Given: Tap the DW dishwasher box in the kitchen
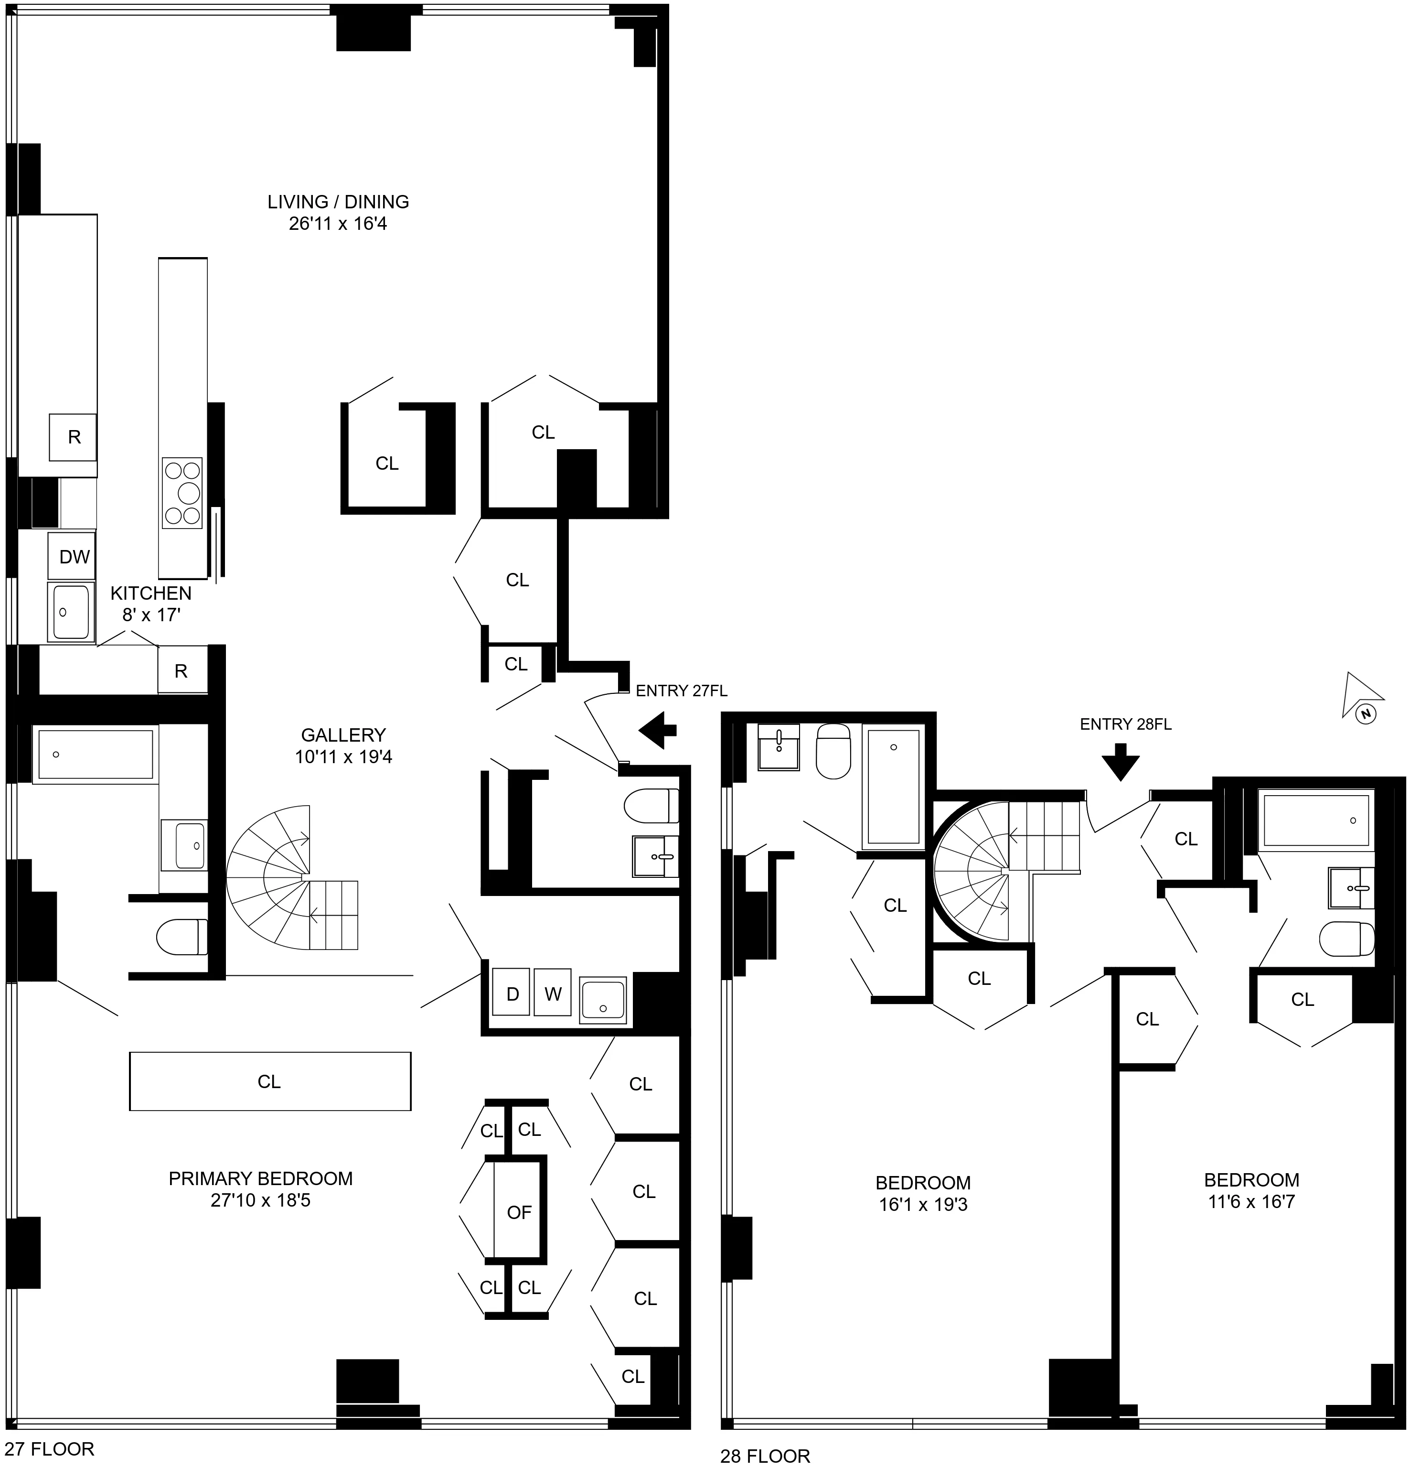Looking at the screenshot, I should tap(74, 557).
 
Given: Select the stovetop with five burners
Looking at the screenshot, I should tap(182, 493).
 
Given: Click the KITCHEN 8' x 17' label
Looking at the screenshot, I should tap(150, 604).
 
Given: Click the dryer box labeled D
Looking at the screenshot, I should tap(512, 994).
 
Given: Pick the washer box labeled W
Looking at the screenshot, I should tap(553, 994).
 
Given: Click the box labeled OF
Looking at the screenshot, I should tap(519, 1213).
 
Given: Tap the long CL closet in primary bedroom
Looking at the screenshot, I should tap(269, 1081).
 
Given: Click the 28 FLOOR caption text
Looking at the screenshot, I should tap(765, 1456).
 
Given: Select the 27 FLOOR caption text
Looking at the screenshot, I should tap(49, 1449).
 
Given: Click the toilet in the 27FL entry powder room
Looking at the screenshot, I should tap(651, 806).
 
